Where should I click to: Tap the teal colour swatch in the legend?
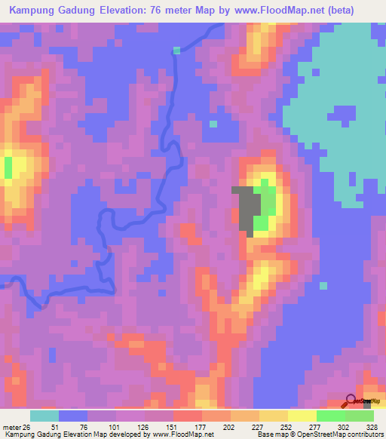point(44,416)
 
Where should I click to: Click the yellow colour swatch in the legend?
point(302,416)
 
